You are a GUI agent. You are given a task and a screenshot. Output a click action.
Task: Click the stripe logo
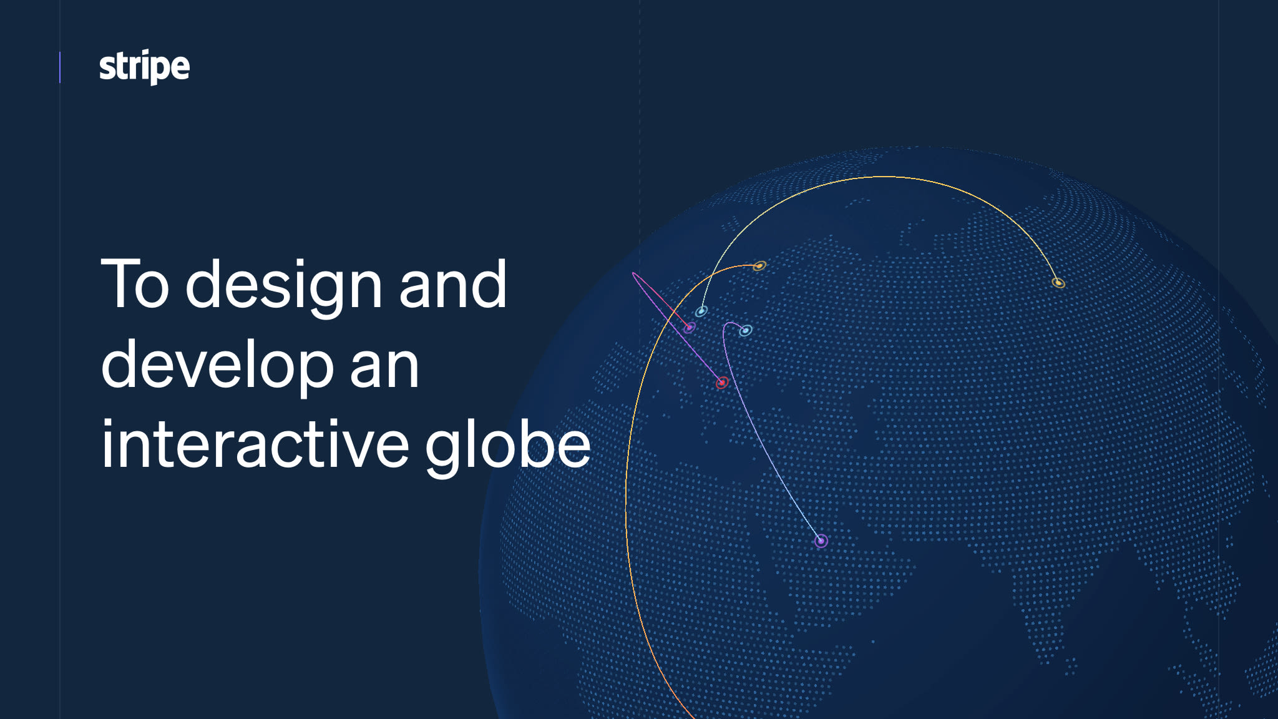(x=144, y=66)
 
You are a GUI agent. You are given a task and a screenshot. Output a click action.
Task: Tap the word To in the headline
(x=135, y=285)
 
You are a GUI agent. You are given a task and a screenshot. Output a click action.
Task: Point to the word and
(x=452, y=285)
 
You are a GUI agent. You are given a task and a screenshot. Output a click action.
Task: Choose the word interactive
(x=255, y=444)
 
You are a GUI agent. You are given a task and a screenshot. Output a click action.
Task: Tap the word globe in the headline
(x=507, y=447)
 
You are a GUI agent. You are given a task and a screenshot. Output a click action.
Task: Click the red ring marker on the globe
(x=722, y=383)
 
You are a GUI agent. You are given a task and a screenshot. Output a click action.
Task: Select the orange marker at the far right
(x=1058, y=283)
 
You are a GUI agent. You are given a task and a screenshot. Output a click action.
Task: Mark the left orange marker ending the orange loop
(x=759, y=267)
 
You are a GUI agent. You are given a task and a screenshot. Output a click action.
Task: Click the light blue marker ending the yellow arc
(x=701, y=311)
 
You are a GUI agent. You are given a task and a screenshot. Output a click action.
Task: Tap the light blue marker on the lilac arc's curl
(x=746, y=331)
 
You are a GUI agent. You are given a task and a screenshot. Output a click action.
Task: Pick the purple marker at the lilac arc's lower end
(x=821, y=540)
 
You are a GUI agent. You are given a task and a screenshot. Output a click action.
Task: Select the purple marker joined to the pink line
(x=690, y=328)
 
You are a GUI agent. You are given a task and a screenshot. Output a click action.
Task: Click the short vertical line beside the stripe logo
(x=60, y=67)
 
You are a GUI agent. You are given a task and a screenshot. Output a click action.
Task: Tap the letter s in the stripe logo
(x=107, y=68)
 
